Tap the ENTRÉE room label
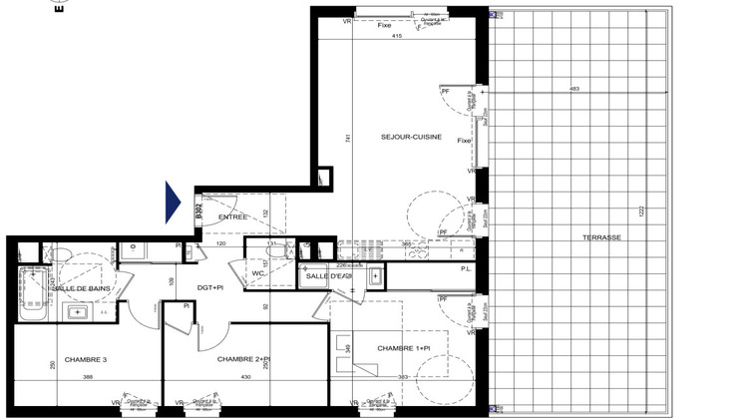[x=232, y=216]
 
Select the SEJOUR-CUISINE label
[x=410, y=137]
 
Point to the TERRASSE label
[x=603, y=237]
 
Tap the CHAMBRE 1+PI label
[x=403, y=348]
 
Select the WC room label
[x=257, y=272]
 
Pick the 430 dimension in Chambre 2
[x=246, y=376]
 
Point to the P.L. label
[x=465, y=269]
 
